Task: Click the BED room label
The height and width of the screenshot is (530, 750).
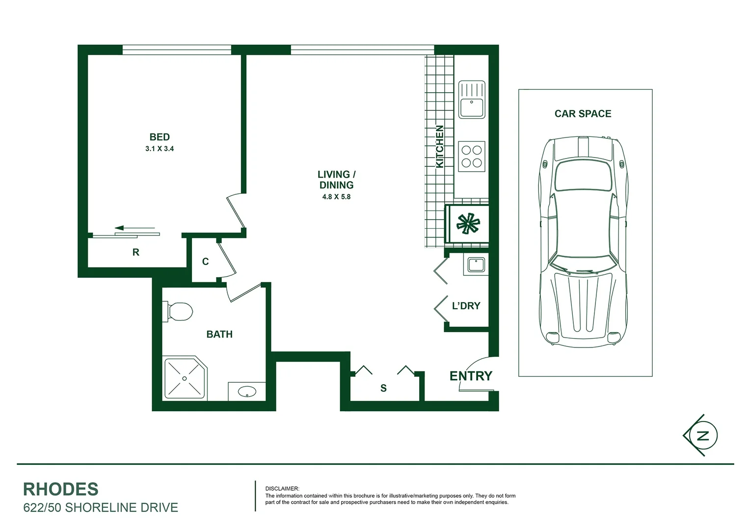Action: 160,137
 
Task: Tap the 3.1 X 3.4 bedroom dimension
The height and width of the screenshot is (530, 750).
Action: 160,149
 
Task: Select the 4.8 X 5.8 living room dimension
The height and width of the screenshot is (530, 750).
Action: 336,197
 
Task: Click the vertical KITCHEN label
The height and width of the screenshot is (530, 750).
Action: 440,146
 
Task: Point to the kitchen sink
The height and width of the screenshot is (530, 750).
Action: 472,100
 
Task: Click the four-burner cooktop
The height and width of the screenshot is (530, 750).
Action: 472,157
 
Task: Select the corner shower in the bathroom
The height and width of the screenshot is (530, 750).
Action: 185,379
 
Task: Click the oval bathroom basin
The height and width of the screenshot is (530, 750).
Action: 246,392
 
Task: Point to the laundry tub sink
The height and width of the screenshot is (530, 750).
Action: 476,265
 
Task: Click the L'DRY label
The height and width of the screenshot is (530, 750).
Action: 466,306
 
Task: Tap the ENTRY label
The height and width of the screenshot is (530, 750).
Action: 471,376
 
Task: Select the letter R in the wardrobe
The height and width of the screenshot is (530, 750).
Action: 136,252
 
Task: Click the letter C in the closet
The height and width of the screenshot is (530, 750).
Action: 205,262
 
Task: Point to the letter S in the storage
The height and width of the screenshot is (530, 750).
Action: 383,388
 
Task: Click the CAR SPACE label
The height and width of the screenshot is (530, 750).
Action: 583,114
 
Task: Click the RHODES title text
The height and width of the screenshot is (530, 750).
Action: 61,489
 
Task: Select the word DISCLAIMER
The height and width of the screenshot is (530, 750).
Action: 282,489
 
